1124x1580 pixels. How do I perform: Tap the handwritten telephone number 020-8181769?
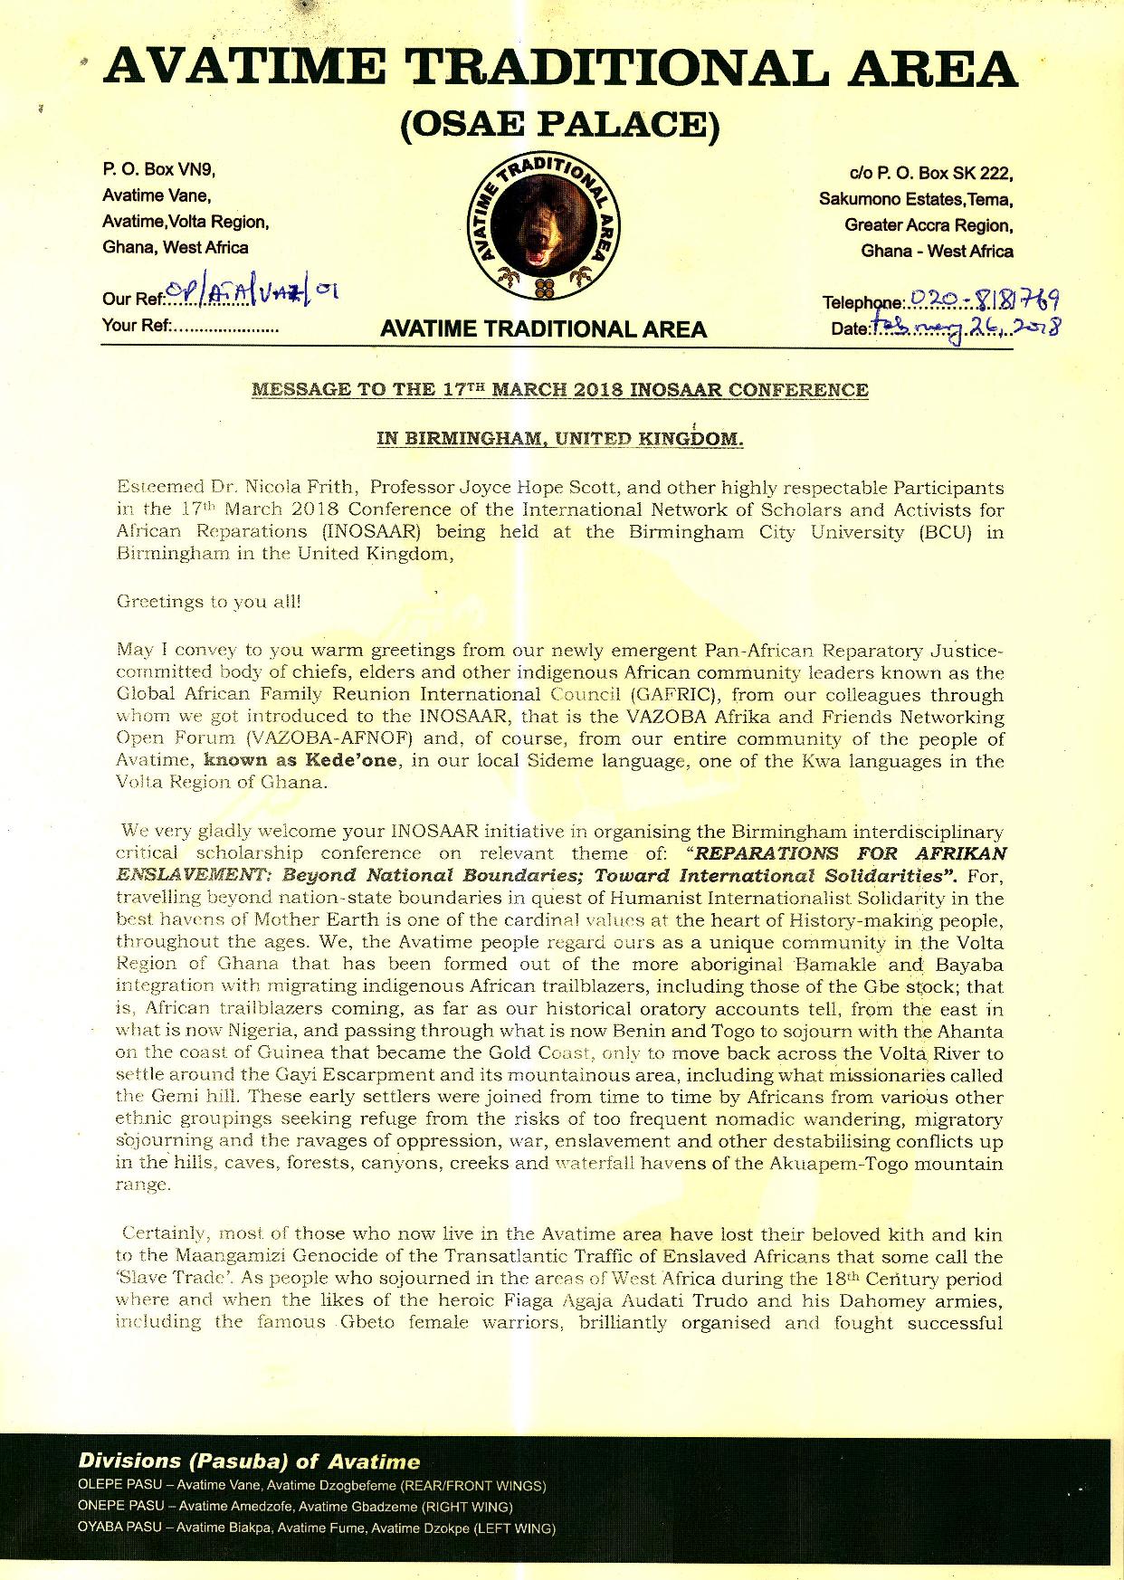[985, 299]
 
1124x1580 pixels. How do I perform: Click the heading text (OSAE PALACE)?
[560, 125]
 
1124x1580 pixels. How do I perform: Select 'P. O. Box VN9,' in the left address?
[158, 170]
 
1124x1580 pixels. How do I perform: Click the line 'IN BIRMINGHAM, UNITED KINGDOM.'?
[560, 440]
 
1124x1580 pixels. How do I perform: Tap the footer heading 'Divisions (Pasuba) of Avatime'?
[249, 1461]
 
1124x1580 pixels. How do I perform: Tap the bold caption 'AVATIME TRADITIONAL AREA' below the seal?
[543, 329]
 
